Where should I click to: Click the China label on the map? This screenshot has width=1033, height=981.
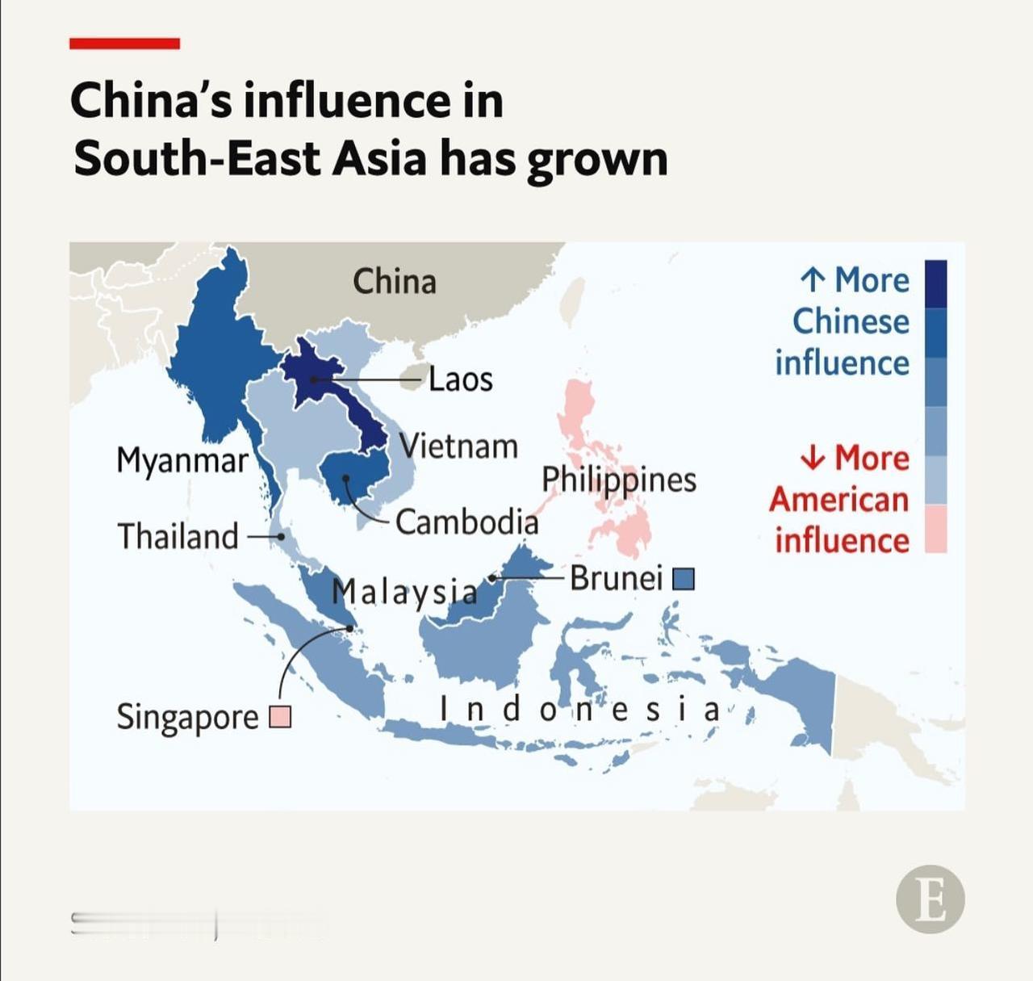pos(395,282)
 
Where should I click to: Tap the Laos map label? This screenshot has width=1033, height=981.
pos(460,379)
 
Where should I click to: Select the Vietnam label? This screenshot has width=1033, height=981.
pos(459,446)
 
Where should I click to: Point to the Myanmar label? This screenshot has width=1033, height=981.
pos(182,461)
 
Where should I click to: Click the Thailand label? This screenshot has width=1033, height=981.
pos(178,536)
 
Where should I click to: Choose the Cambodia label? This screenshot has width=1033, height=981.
pos(466,522)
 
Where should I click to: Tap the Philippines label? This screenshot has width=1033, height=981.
pos(618,480)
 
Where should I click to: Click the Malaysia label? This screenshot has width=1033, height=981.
pos(404,591)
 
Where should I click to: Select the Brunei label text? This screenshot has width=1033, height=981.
pos(617,578)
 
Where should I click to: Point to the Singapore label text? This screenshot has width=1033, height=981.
pos(188,717)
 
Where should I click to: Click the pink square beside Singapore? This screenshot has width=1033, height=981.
pos(280,716)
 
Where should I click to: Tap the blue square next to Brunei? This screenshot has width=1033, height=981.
pos(684,579)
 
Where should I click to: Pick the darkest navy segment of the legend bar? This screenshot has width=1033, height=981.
pos(935,283)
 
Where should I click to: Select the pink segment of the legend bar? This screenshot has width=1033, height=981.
pos(935,529)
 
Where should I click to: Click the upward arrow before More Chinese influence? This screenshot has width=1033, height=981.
pos(813,280)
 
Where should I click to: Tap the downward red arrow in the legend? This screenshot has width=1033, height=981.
pos(813,458)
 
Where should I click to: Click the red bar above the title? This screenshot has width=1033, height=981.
pos(124,44)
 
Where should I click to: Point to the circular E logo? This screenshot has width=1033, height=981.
pos(930,899)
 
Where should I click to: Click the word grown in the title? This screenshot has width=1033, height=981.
pos(598,158)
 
